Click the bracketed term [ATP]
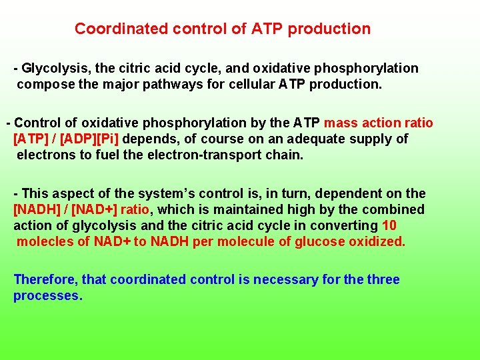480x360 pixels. click(x=33, y=139)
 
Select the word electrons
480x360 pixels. click(x=45, y=155)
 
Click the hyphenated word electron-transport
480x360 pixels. click(x=214, y=155)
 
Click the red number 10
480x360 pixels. click(x=390, y=225)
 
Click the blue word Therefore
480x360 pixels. click(x=45, y=279)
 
